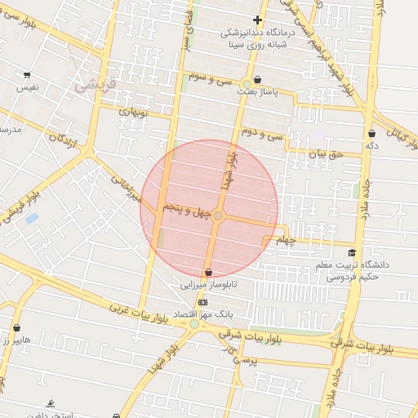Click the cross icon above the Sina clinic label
coord(258,20)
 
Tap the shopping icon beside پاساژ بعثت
coord(259,80)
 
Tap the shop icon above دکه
coord(372,133)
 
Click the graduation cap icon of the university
coord(352,252)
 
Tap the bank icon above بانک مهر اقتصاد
coord(203,302)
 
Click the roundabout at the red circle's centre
coord(217,216)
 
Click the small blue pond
coord(32,218)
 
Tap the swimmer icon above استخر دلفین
coord(51,403)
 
